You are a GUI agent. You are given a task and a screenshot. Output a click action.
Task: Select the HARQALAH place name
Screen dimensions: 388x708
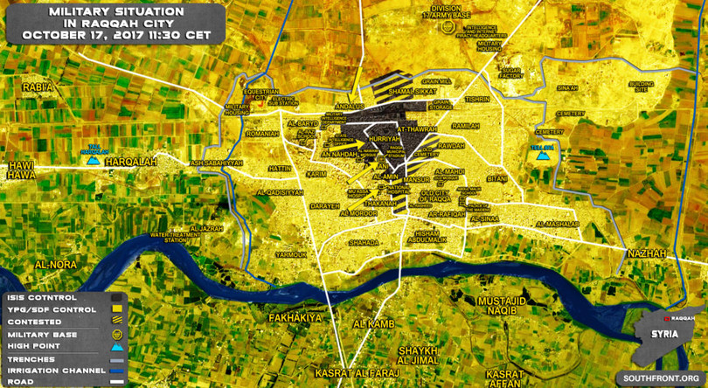pyautogui.click(x=129, y=162)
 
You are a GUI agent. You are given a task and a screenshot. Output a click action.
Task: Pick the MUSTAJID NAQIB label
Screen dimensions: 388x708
pyautogui.click(x=503, y=305)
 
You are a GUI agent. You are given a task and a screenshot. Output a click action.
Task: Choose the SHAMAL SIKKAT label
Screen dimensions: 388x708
pyautogui.click(x=412, y=91)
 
